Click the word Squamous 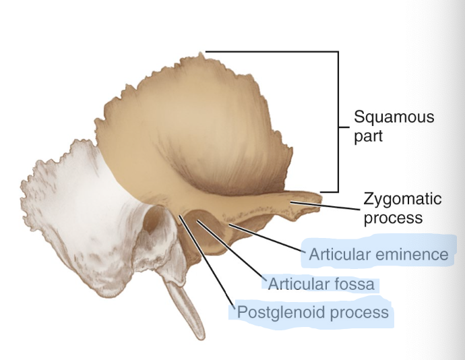[x=394, y=117]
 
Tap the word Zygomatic [x=402, y=200]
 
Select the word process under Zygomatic [x=393, y=218]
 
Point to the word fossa [x=351, y=284]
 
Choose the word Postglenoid [x=272, y=313]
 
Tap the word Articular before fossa [x=297, y=284]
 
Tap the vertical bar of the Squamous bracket [x=336, y=121]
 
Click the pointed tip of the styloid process [x=199, y=336]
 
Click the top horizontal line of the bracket [x=270, y=51]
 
